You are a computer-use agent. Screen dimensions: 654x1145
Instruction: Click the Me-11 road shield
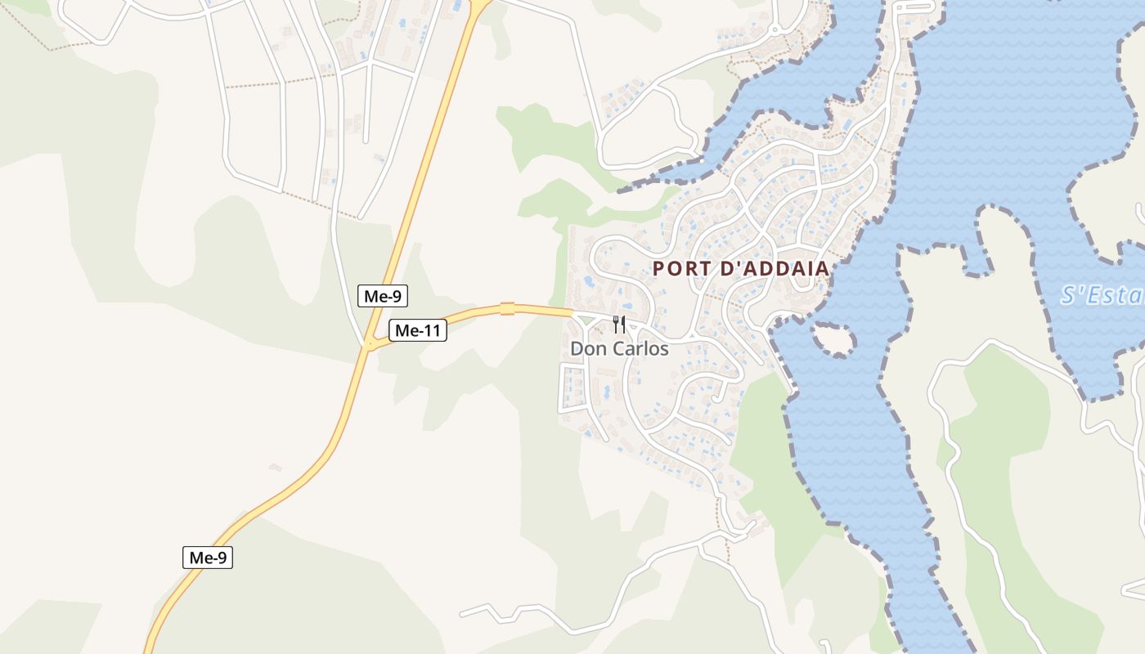click(417, 330)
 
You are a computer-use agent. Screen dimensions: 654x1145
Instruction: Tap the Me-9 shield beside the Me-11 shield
click(382, 296)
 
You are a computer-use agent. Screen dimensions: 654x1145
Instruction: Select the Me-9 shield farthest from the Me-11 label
click(208, 558)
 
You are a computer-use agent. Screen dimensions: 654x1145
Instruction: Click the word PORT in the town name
click(680, 268)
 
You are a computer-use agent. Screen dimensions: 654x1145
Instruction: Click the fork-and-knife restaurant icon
click(619, 325)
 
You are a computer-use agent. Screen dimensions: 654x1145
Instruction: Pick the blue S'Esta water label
click(1101, 295)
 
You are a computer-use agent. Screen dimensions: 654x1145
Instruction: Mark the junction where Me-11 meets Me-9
click(369, 344)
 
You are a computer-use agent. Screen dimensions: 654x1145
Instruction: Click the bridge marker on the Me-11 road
click(507, 308)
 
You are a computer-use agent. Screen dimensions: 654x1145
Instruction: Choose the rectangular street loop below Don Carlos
click(572, 388)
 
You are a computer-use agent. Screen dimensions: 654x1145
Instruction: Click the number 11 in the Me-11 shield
click(431, 330)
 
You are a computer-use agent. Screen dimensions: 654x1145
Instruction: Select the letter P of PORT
click(659, 268)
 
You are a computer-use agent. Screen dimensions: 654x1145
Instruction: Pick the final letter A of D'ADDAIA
click(822, 268)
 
